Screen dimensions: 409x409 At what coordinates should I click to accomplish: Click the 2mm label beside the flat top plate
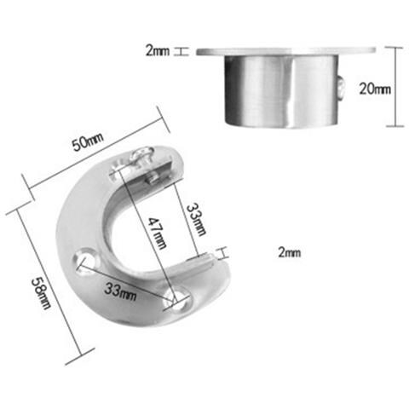[x=158, y=51]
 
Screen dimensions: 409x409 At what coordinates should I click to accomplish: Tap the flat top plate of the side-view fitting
[x=285, y=51]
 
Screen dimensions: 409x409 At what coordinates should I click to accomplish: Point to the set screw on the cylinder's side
[x=341, y=89]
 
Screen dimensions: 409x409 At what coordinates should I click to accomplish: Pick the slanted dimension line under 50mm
[x=94, y=158]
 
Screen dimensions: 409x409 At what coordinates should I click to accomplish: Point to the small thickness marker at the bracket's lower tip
[x=221, y=253]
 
